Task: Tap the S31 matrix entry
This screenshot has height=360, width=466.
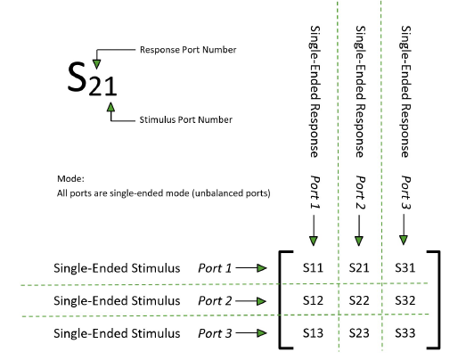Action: pos(405,266)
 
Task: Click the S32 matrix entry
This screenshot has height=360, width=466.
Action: pos(405,301)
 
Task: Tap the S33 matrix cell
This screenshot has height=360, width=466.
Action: pos(405,335)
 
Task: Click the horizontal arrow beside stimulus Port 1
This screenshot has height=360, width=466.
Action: pos(256,266)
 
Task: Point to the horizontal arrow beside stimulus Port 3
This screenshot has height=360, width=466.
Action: pos(256,335)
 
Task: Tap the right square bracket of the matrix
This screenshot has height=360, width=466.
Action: pos(435,300)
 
